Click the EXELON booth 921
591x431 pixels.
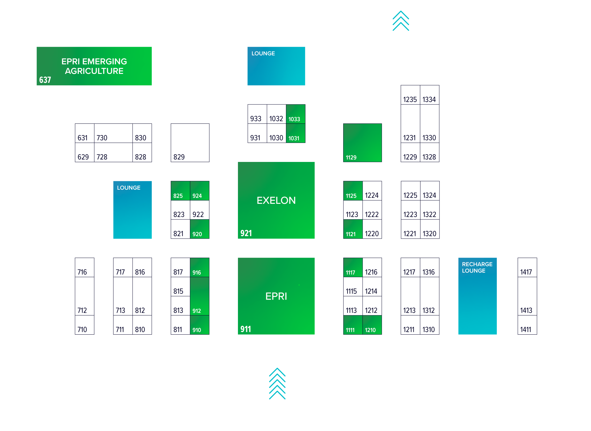(x=276, y=200)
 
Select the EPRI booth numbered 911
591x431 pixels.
(x=276, y=296)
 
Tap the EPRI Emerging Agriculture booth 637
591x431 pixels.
(x=94, y=66)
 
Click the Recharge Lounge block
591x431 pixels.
(x=477, y=296)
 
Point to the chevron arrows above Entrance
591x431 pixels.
(x=277, y=383)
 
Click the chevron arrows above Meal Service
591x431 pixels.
(x=400, y=21)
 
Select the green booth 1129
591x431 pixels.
(x=362, y=143)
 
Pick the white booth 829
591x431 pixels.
(x=190, y=143)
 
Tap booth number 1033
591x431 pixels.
(x=295, y=114)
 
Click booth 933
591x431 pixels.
(x=257, y=114)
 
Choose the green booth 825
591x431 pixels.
(x=180, y=191)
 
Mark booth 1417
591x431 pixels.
(x=527, y=268)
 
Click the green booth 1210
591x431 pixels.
(x=372, y=325)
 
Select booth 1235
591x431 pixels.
(x=410, y=95)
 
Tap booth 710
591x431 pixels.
(x=84, y=325)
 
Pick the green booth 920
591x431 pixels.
(x=199, y=229)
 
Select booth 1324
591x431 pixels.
(x=429, y=191)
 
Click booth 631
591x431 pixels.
(x=84, y=133)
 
